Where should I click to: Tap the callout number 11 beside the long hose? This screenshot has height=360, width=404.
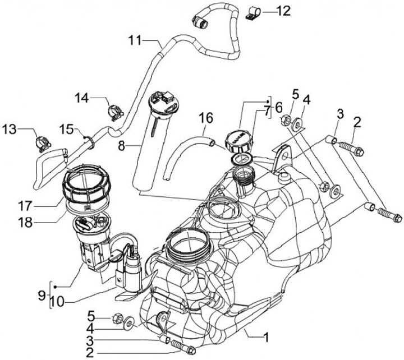click(x=136, y=41)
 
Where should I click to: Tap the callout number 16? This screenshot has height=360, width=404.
click(x=206, y=118)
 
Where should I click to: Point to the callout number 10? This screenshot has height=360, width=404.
click(x=56, y=302)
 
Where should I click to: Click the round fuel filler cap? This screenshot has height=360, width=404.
click(x=238, y=139)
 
